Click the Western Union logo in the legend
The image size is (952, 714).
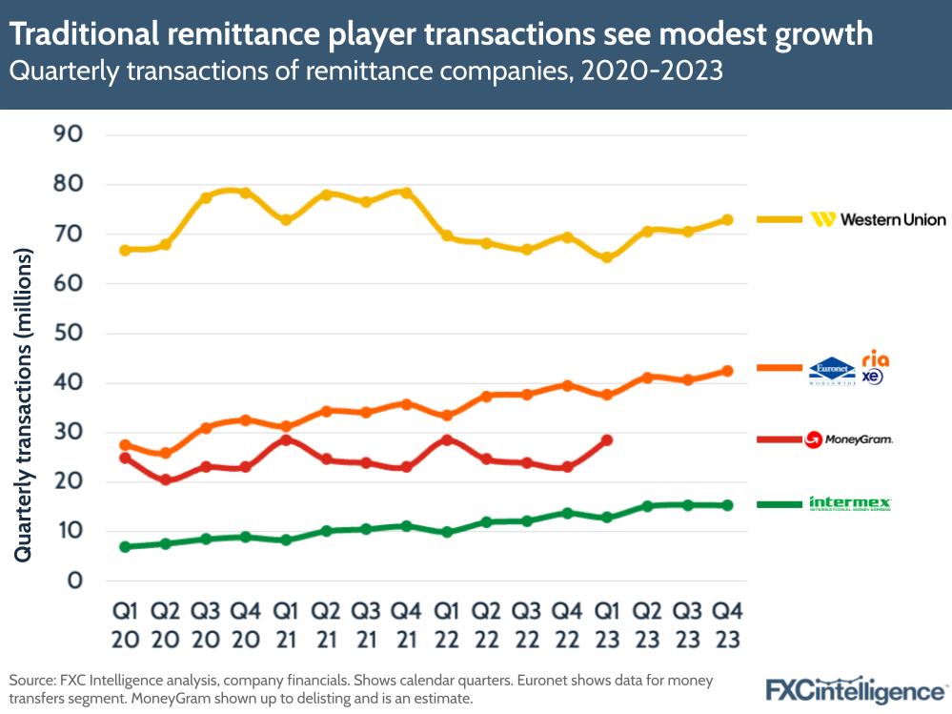tap(878, 220)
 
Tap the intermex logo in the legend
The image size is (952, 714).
tap(849, 503)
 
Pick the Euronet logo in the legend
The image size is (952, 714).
tap(831, 370)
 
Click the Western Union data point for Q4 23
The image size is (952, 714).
tap(727, 220)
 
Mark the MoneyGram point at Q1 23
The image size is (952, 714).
tap(606, 440)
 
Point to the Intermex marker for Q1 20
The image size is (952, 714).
tap(125, 547)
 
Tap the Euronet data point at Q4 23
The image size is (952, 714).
tap(727, 371)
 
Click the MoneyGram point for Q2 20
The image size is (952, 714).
tap(165, 480)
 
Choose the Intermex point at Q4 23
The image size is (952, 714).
tap(727, 505)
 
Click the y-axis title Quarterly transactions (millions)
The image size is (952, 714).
tap(24, 405)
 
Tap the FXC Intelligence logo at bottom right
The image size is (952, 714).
tap(856, 688)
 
